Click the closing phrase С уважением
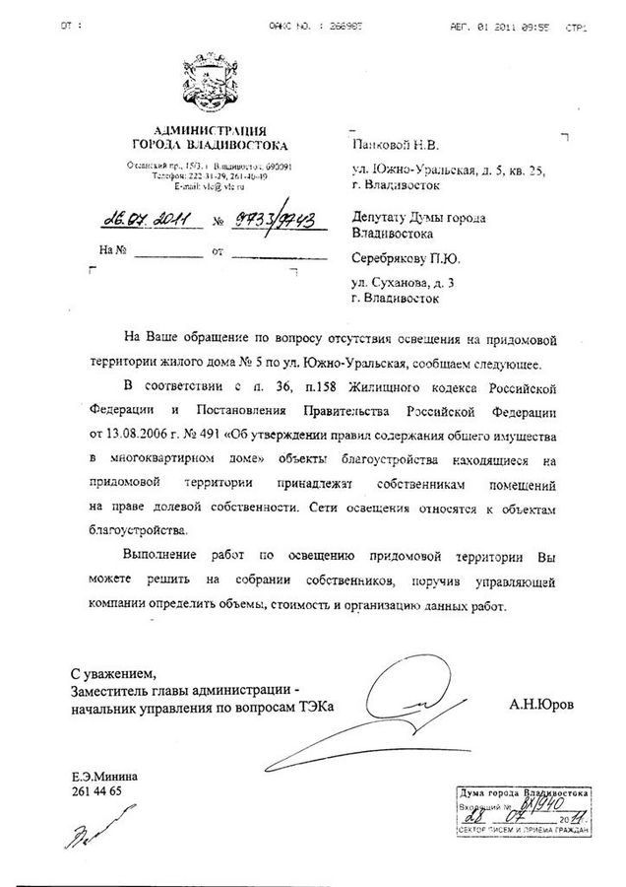coord(112,674)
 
